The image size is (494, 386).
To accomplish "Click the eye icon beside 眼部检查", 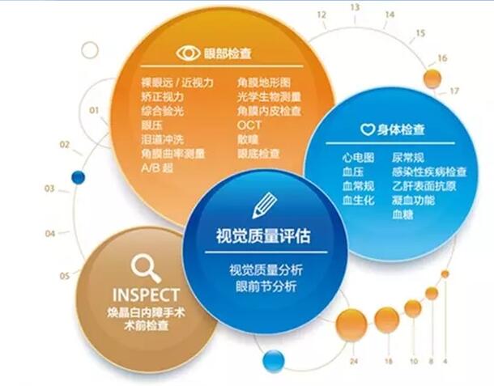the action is pyautogui.click(x=188, y=53).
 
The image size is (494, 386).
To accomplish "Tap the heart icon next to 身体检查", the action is pyautogui.click(x=368, y=129).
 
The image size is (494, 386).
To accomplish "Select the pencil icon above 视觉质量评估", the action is pyautogui.click(x=264, y=206).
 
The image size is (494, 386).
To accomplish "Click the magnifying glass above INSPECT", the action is pyautogui.click(x=146, y=268).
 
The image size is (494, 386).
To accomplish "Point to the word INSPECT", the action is pyautogui.click(x=147, y=295).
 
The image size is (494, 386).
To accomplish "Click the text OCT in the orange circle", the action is pyautogui.click(x=249, y=125).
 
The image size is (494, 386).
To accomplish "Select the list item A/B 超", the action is pyautogui.click(x=157, y=168).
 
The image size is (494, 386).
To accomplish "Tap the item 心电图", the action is pyautogui.click(x=358, y=158).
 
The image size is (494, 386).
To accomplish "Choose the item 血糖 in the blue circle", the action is pyautogui.click(x=402, y=214).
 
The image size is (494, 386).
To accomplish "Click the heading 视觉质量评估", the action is pyautogui.click(x=263, y=235).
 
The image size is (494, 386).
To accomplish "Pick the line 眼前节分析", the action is pyautogui.click(x=266, y=286).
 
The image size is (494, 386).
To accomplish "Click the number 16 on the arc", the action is pyautogui.click(x=442, y=58).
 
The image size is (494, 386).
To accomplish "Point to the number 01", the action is pyautogui.click(x=94, y=111).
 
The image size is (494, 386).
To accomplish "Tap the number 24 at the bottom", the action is pyautogui.click(x=354, y=361).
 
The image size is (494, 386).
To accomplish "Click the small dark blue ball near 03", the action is pyautogui.click(x=78, y=177).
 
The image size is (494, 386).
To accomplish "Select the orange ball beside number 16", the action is pyautogui.click(x=432, y=78).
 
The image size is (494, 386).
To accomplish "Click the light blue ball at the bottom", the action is pyautogui.click(x=274, y=361).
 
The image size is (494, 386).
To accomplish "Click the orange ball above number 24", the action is pyautogui.click(x=351, y=324).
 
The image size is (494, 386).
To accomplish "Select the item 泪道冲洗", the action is pyautogui.click(x=162, y=139).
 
